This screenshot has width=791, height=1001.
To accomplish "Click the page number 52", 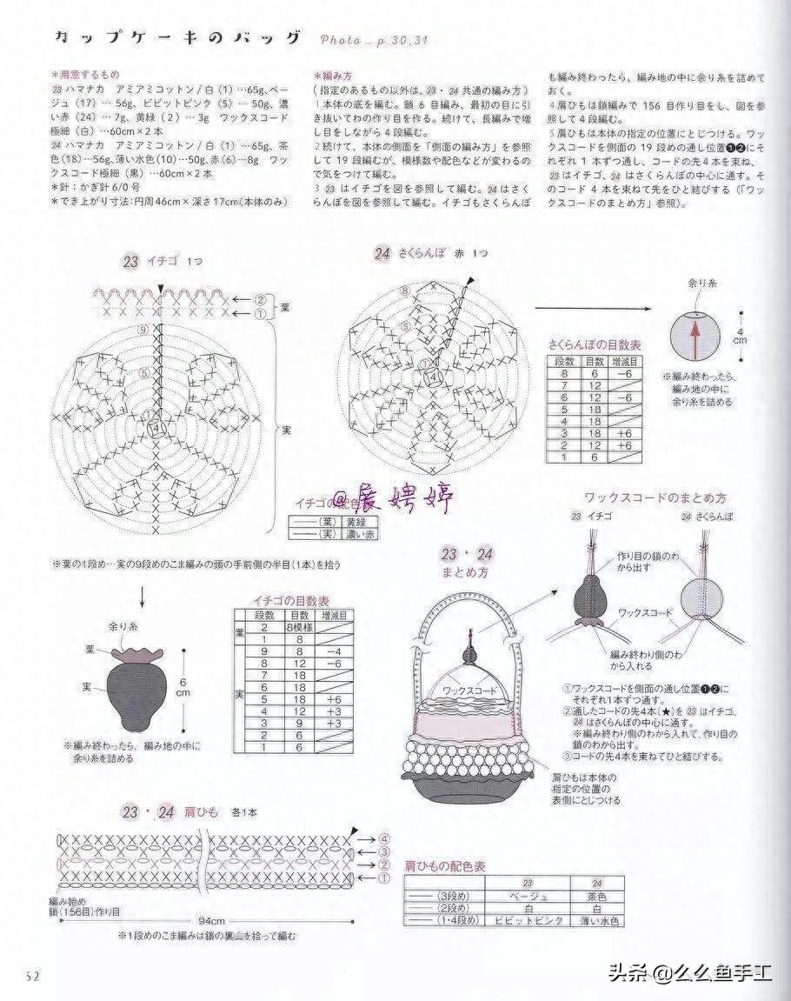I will [x=33, y=975].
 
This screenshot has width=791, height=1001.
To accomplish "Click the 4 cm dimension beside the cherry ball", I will [x=740, y=336].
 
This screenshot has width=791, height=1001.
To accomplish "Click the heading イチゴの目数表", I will [x=290, y=601].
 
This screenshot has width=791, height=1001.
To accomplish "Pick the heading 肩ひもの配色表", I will [x=444, y=866].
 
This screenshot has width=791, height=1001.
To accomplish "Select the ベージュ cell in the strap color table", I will [x=528, y=896].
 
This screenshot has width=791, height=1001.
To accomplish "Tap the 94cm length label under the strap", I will [x=209, y=920].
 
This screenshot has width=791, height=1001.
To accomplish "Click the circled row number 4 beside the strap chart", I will [x=383, y=838].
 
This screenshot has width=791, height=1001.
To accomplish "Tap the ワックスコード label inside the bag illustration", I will [x=469, y=690].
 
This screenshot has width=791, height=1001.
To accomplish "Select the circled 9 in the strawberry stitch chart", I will [x=143, y=330].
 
